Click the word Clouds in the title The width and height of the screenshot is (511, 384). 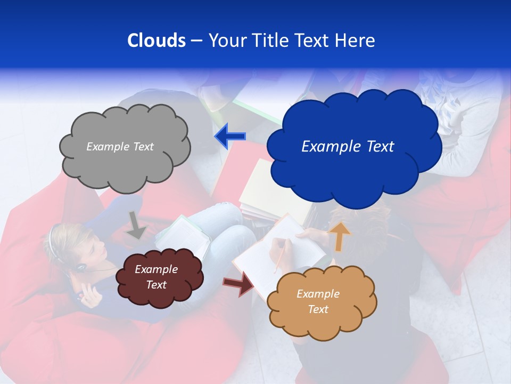point(156,41)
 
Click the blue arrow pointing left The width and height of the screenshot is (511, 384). point(230,136)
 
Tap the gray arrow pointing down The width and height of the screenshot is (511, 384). point(137,225)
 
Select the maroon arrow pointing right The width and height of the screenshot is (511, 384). point(240,283)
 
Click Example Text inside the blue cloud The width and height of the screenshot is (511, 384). point(348,147)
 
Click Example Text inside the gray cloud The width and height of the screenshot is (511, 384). point(120,147)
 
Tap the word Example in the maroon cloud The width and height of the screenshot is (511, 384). point(156,269)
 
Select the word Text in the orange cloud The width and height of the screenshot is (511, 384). point(318,309)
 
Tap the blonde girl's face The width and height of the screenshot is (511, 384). point(96,251)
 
